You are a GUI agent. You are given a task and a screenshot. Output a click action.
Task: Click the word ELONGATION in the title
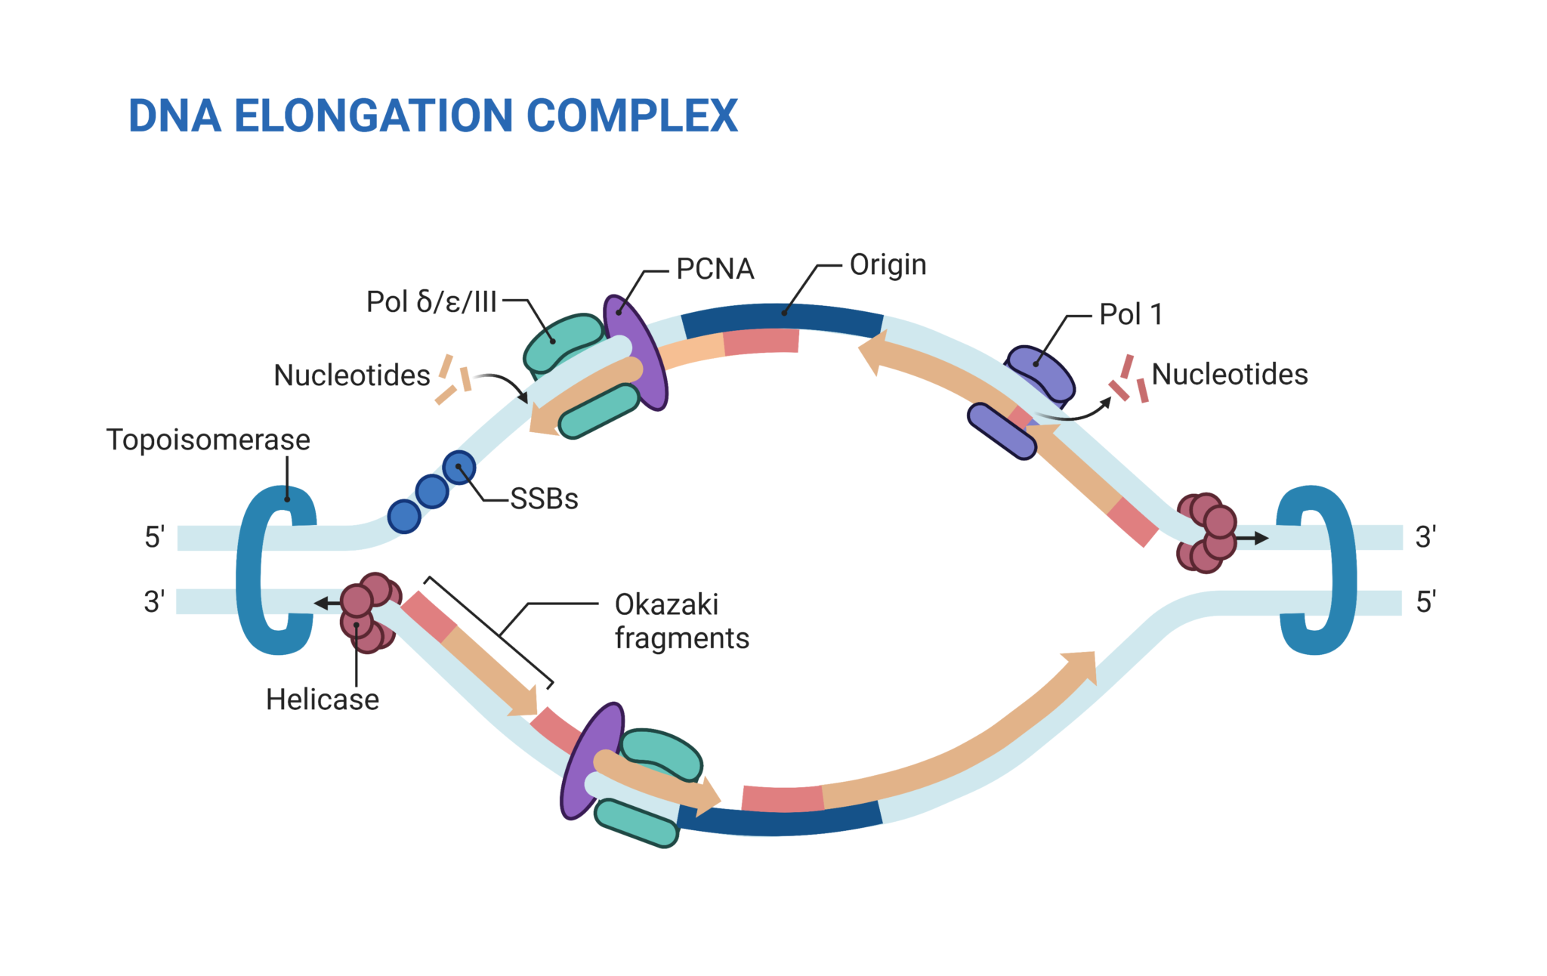[375, 116]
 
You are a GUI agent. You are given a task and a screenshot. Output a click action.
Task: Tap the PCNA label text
[715, 269]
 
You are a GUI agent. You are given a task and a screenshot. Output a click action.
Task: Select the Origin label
[888, 264]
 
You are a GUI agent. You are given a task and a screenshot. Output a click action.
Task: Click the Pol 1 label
[1130, 314]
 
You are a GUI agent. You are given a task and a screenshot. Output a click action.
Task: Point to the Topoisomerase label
[208, 440]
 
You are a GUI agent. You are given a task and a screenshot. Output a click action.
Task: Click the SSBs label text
[544, 499]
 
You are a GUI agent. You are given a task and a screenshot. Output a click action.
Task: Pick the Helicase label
[323, 700]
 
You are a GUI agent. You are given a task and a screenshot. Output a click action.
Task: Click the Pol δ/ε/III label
[431, 301]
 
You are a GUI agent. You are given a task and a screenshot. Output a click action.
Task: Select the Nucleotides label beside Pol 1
[1229, 374]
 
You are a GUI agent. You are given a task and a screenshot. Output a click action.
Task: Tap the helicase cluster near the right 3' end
[1206, 533]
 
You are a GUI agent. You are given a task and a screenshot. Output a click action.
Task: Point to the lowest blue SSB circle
[404, 517]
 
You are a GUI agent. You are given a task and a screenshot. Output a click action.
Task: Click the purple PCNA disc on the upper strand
[636, 352]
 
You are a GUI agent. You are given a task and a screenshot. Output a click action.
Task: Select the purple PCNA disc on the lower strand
[591, 761]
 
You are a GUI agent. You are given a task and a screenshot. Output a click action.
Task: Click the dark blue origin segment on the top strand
[782, 317]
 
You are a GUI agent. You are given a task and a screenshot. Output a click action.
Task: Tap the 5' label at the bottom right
[1425, 602]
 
